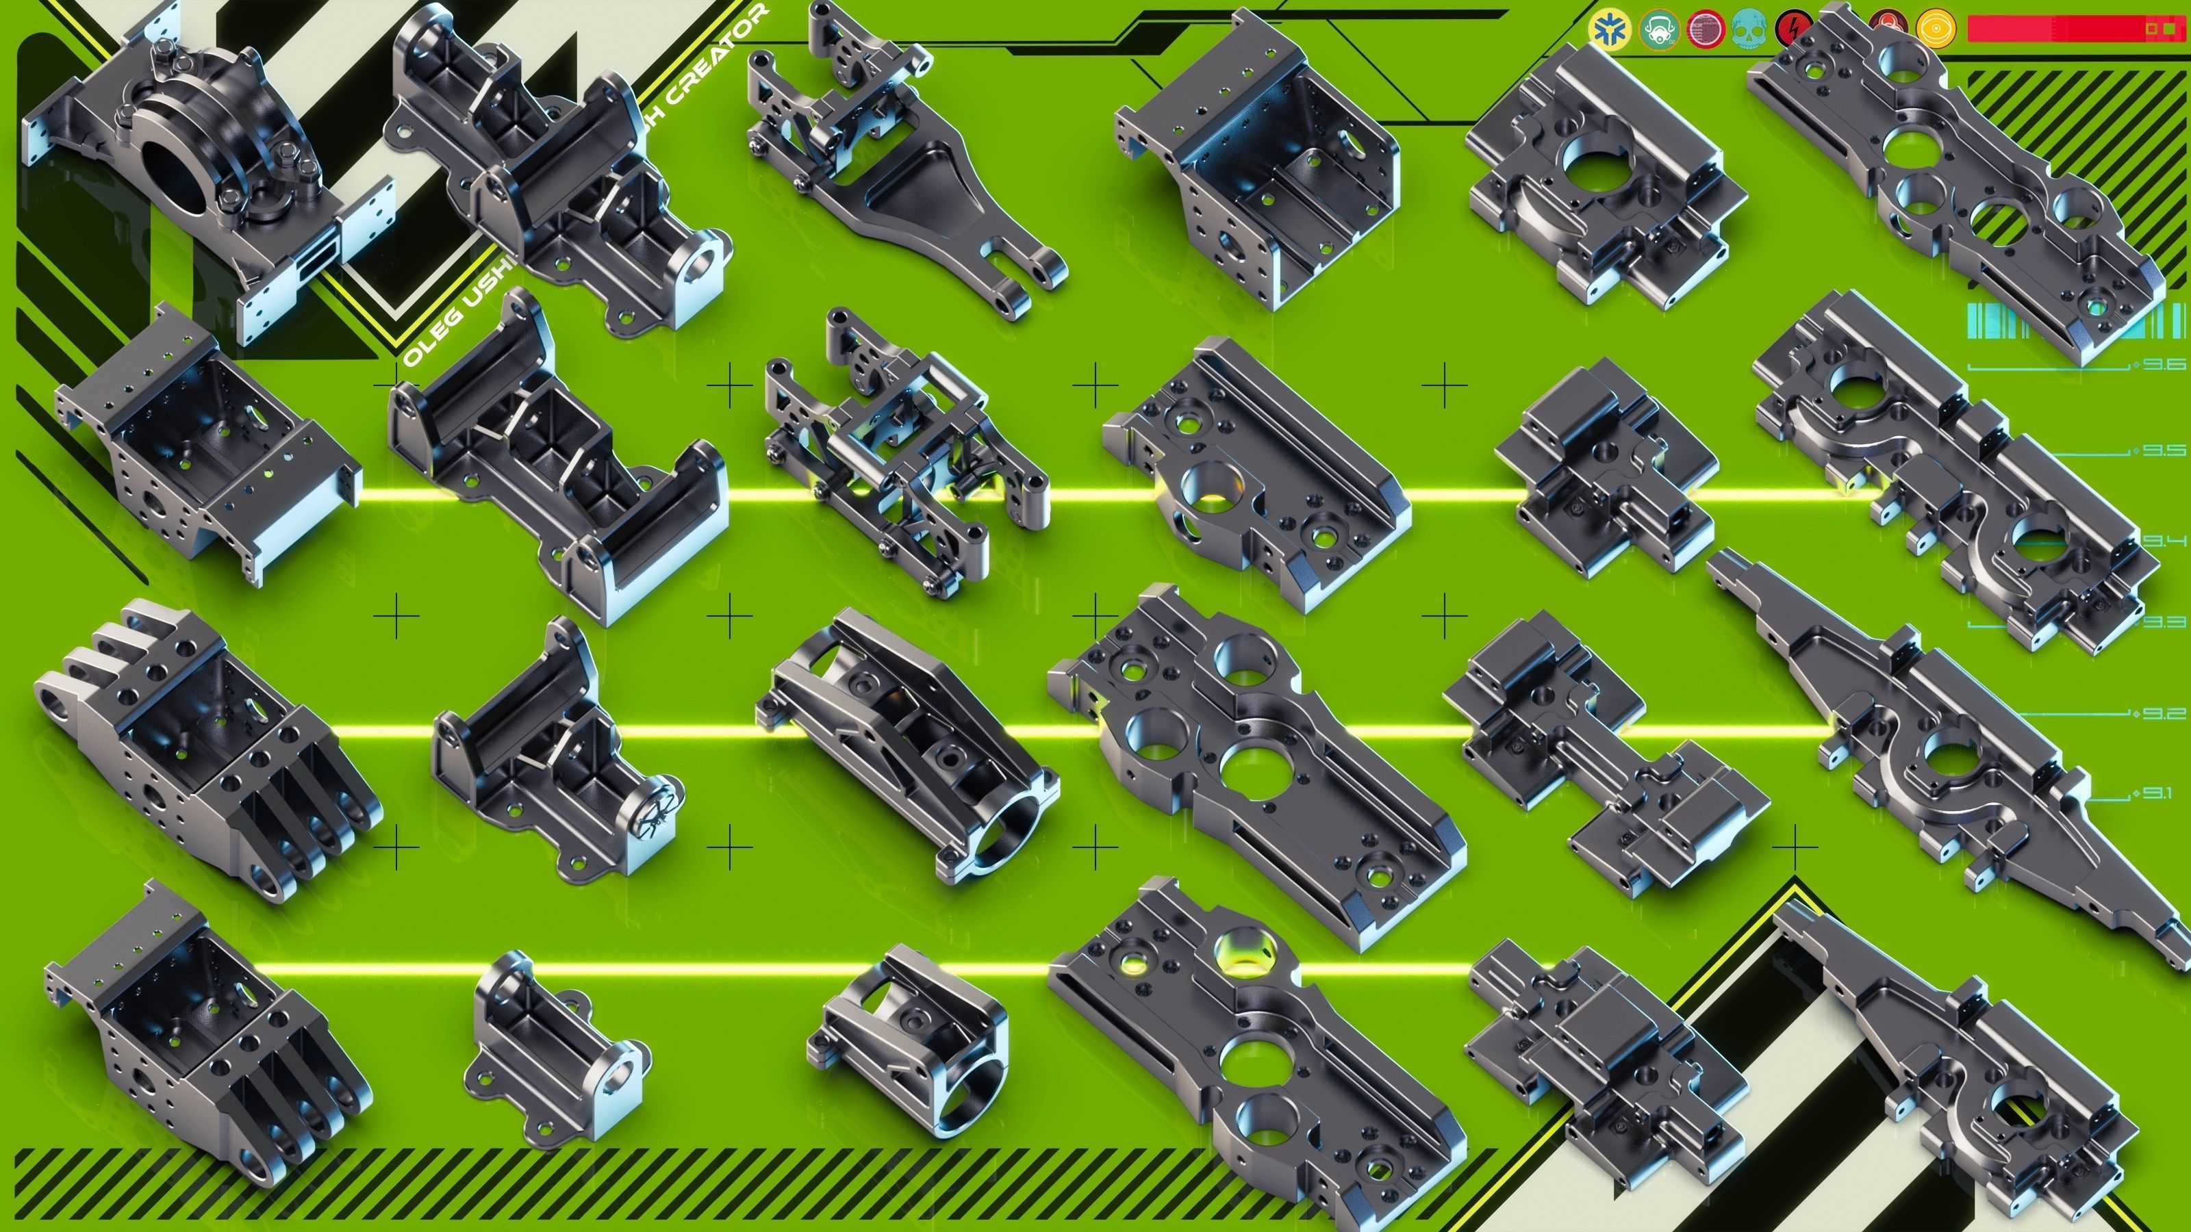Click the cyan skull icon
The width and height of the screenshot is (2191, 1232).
[x=1751, y=29]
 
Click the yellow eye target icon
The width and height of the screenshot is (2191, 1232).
[x=1935, y=29]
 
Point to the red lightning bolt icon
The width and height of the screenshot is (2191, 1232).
[x=1795, y=29]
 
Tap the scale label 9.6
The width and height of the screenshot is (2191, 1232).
[x=2164, y=365]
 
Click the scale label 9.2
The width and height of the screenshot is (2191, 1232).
[x=2164, y=713]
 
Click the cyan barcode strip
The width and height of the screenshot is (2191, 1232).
[x=2075, y=320]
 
